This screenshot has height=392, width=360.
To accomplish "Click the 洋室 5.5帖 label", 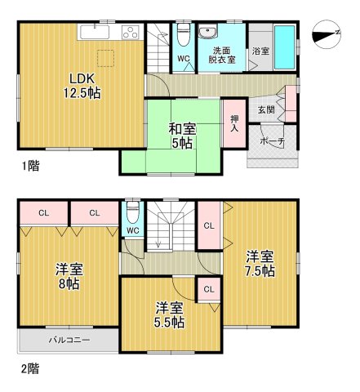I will coord(171,315).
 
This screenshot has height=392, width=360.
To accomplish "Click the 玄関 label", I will coord(266,109).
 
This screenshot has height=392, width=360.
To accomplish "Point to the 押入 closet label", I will coord(234,123).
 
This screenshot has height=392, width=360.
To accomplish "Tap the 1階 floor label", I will coord(30,166).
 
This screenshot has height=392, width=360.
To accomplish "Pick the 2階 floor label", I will coord(29,369).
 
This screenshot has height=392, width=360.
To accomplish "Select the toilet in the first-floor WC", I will coord(183,35).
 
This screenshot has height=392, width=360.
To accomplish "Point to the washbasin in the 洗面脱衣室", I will coord(209,34).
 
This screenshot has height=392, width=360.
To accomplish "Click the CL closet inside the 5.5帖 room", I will coord(208,289).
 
